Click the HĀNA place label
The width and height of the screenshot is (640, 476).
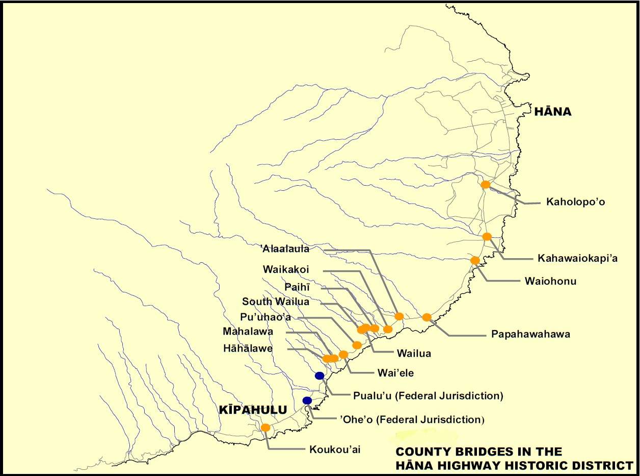(552, 112)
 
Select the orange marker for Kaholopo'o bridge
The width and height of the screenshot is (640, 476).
(486, 185)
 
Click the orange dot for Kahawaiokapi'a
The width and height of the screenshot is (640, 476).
(487, 237)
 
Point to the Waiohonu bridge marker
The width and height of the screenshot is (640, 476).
(475, 261)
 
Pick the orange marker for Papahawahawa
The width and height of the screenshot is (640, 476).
(427, 317)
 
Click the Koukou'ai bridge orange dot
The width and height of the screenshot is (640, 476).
(265, 428)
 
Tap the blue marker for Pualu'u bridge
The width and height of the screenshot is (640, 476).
(319, 376)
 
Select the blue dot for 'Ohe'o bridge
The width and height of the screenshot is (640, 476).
(307, 400)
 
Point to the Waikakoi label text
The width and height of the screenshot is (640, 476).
(286, 269)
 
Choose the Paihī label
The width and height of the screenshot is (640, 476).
(301, 288)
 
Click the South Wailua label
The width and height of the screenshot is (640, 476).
(275, 302)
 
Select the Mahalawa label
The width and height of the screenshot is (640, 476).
(248, 332)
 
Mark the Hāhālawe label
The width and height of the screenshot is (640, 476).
(248, 349)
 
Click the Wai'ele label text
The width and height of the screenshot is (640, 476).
(395, 373)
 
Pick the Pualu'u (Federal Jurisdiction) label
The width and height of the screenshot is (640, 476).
(428, 395)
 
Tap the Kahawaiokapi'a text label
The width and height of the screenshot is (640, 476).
(577, 259)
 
